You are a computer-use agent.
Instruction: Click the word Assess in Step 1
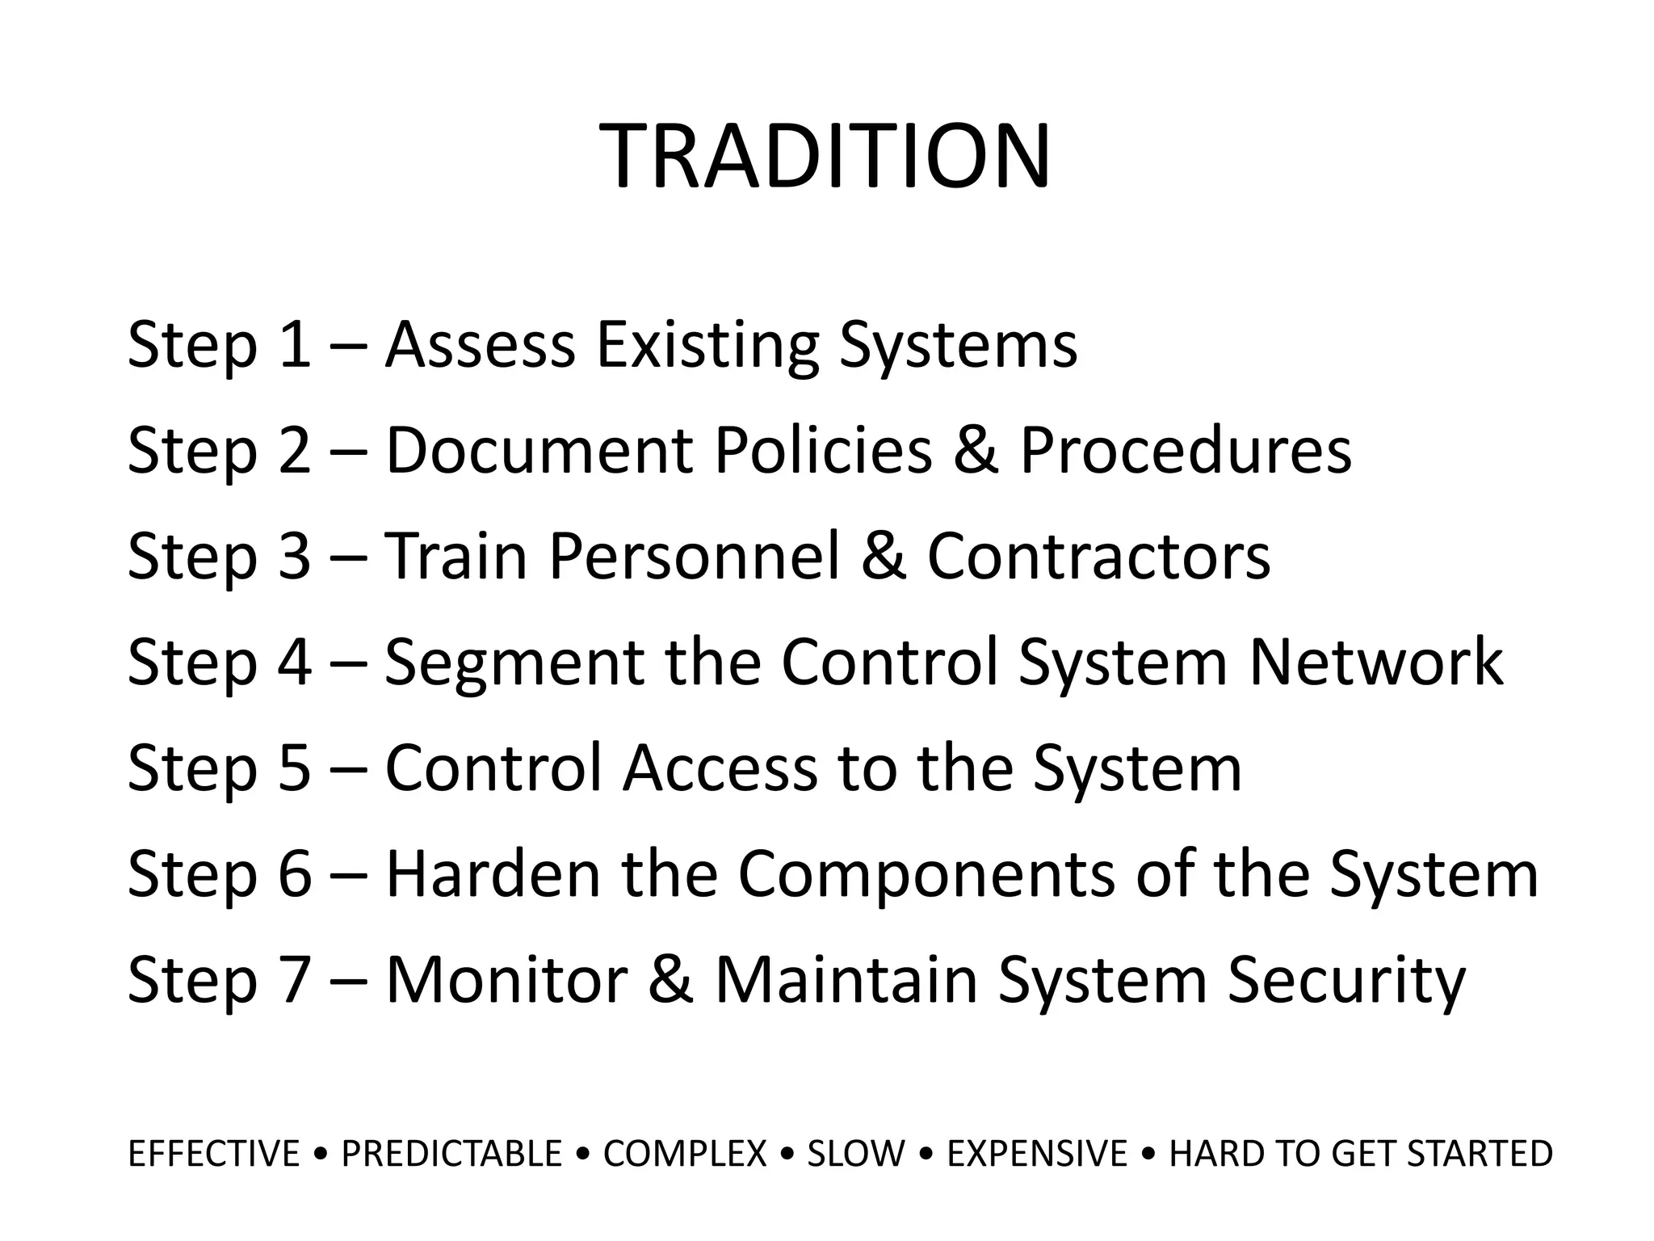coord(480,345)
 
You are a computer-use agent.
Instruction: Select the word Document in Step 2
coord(539,450)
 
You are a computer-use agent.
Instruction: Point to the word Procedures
coord(1185,450)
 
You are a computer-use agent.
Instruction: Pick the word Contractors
coord(1098,557)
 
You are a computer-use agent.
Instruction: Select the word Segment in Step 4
coord(514,663)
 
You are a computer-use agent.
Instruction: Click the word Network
coord(1375,663)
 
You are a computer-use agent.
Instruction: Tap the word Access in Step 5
coord(720,768)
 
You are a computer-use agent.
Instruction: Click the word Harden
coord(493,874)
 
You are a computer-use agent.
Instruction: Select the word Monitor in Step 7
coord(506,980)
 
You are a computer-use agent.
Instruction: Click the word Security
coord(1345,980)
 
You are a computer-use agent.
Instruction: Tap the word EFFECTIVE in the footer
coord(214,1154)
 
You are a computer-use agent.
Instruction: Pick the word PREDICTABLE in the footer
coord(451,1154)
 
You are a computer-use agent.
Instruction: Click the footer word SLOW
coord(856,1154)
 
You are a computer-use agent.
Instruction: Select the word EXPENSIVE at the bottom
coord(1037,1154)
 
